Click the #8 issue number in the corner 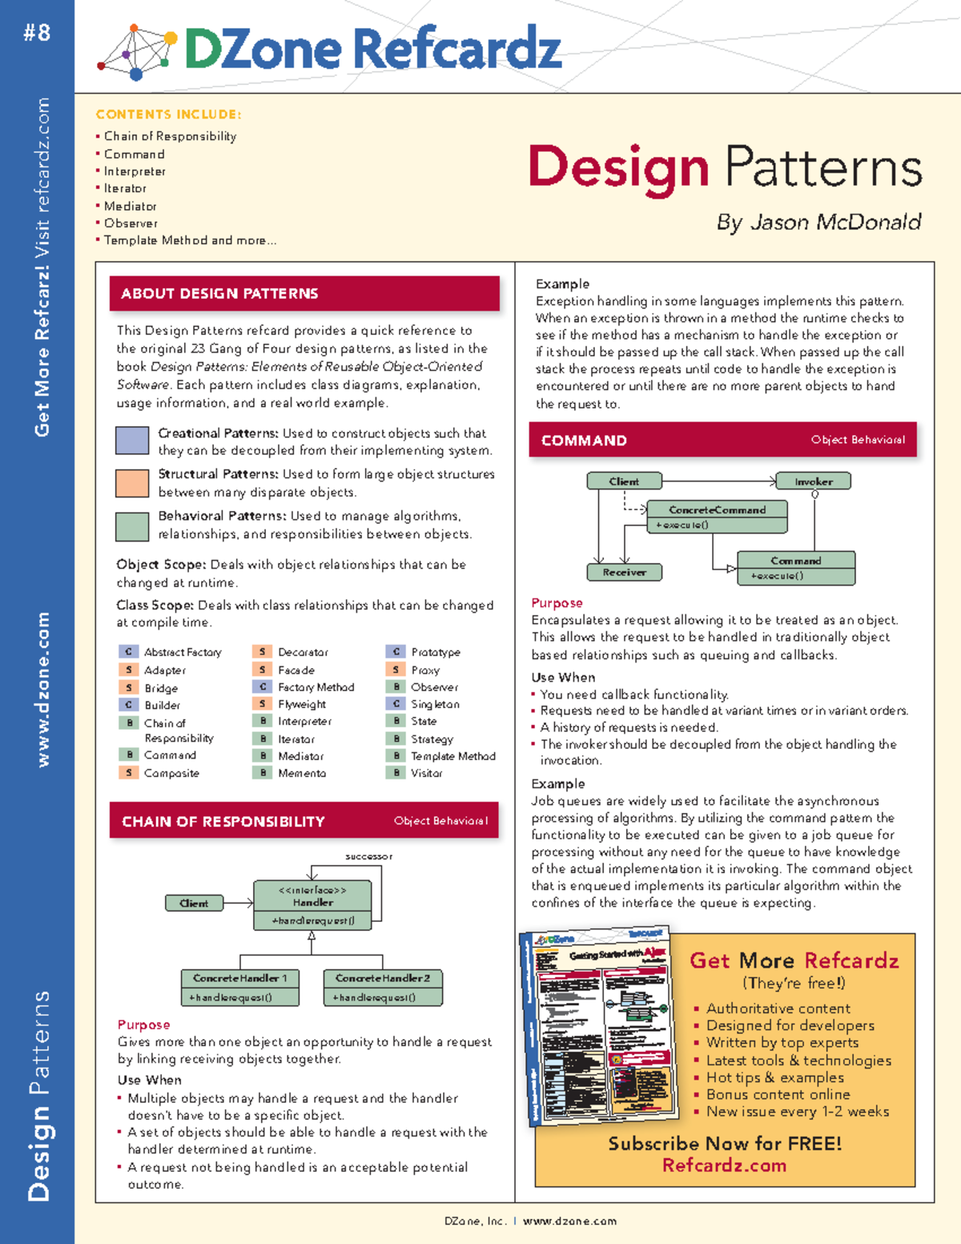coord(37,33)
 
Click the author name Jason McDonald coord(835,222)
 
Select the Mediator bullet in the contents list coord(130,206)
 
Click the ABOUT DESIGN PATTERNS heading coord(219,294)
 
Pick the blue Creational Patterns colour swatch coord(132,441)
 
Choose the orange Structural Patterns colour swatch coord(132,483)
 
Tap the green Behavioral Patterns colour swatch coord(132,525)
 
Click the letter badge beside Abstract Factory coord(128,652)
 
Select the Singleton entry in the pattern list coord(435,704)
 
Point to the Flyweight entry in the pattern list coord(302,704)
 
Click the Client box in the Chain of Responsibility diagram coord(194,903)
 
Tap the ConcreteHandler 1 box coord(239,987)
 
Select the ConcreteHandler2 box coord(383,987)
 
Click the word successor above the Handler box coord(368,856)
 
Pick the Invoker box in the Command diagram coord(814,481)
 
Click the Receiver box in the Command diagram coord(624,572)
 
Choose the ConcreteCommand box coord(717,517)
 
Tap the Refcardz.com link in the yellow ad coord(724,1165)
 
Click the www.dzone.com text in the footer coord(569,1222)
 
